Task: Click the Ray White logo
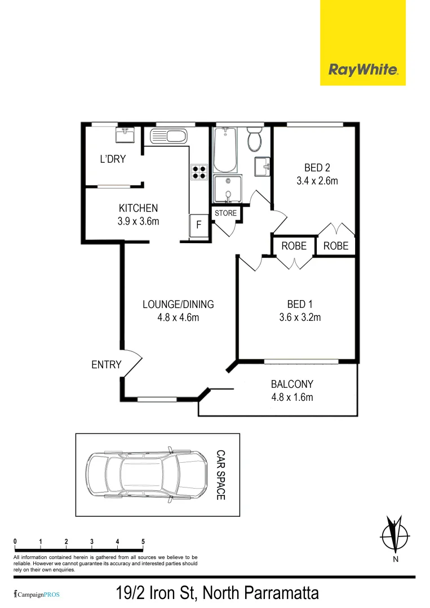click(363, 70)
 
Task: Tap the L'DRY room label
click(113, 159)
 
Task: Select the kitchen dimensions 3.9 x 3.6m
click(138, 221)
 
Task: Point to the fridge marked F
click(198, 225)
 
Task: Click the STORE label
click(225, 213)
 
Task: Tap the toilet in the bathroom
click(255, 138)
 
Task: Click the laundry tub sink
click(124, 135)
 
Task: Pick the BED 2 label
click(317, 167)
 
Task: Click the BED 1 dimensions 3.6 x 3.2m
click(300, 317)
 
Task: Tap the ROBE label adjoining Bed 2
click(336, 246)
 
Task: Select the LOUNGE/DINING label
click(178, 305)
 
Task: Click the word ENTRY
click(106, 365)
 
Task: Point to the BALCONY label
click(292, 385)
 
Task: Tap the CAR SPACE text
click(221, 475)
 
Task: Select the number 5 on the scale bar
click(143, 542)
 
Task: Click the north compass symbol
click(395, 535)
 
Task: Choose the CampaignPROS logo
click(37, 594)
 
